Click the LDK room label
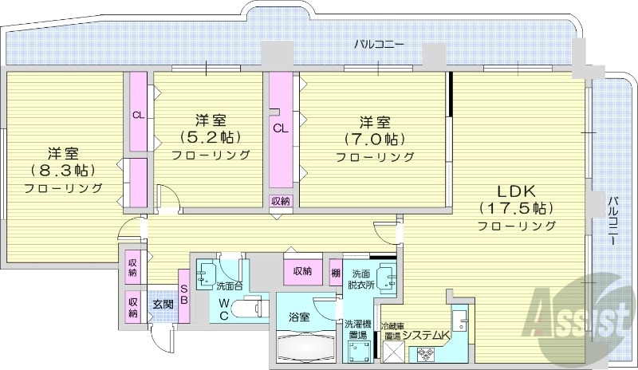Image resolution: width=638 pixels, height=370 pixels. (x=516, y=191)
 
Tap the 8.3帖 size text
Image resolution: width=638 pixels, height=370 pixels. (x=62, y=170)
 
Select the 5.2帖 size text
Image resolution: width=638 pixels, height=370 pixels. (x=210, y=137)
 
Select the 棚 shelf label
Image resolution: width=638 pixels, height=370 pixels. (x=336, y=272)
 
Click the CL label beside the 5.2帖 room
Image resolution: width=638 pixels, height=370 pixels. (x=138, y=115)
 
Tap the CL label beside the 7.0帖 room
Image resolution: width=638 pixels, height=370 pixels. (x=280, y=128)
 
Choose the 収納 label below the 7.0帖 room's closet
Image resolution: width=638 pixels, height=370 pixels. (x=280, y=200)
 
